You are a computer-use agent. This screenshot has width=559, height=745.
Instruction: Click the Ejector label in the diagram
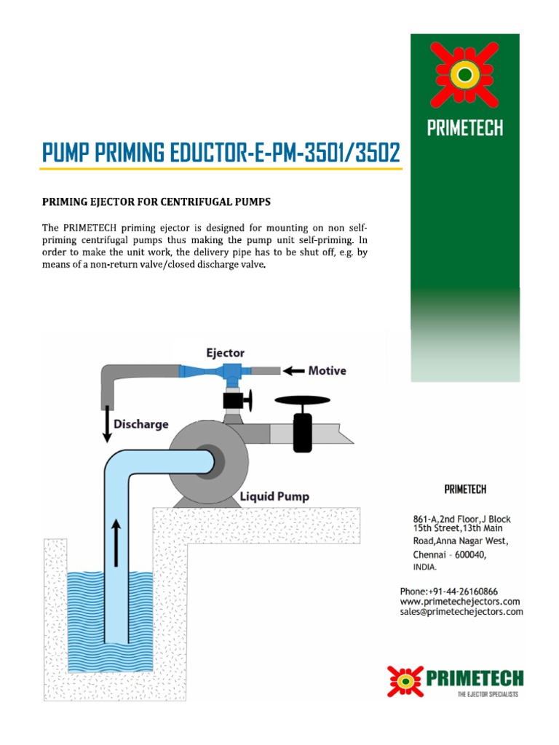(224, 353)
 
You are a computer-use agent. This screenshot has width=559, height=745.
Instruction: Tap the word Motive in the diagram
(327, 371)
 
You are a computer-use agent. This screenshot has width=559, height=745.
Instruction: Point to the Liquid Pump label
(275, 497)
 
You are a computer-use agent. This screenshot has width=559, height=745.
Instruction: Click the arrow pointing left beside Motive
(293, 371)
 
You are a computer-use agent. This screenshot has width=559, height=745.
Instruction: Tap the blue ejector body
(234, 372)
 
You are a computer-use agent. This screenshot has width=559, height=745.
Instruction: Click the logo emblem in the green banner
(465, 74)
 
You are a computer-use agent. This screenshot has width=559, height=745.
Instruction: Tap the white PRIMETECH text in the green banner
(465, 129)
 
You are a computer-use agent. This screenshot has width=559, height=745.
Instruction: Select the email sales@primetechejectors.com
(461, 613)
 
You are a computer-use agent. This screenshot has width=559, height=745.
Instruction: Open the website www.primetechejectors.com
(459, 602)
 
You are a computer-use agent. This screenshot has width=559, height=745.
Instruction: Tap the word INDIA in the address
(425, 566)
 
